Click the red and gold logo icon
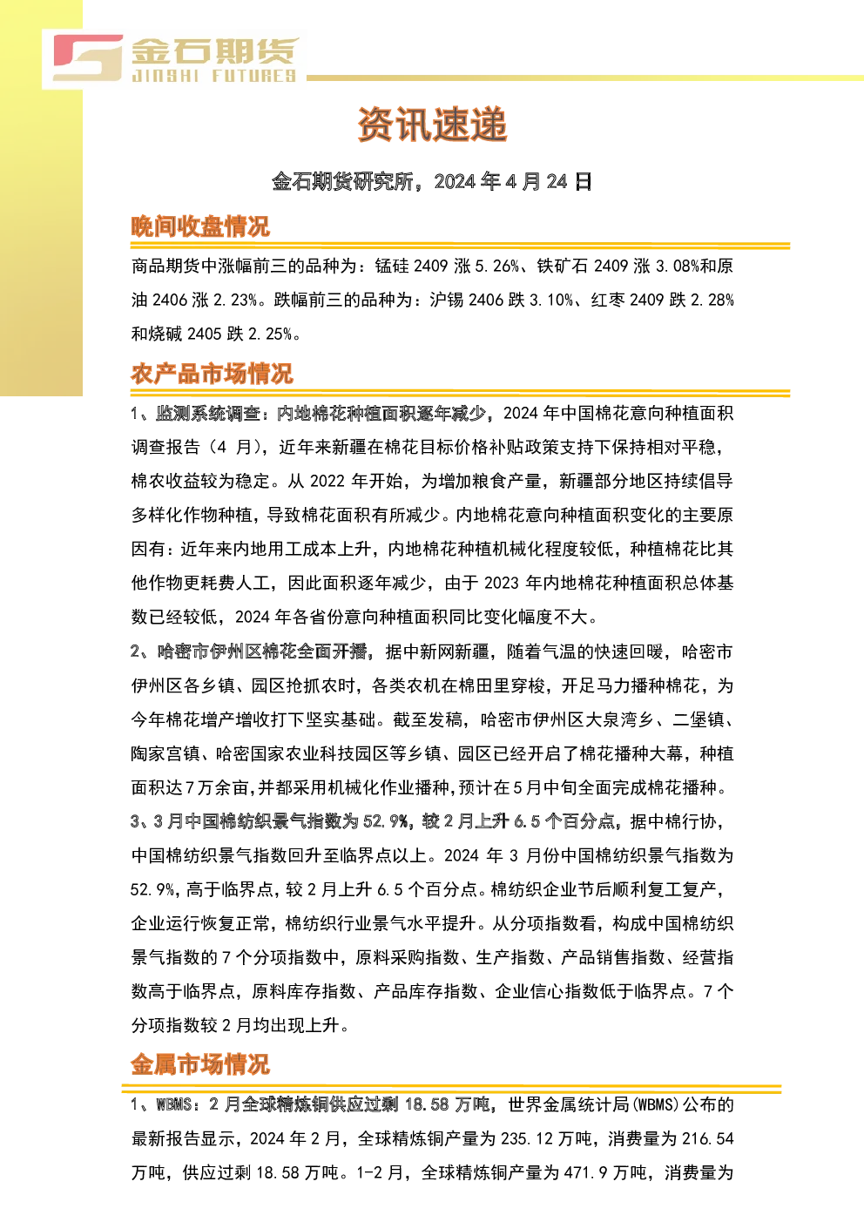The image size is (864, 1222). [x=88, y=57]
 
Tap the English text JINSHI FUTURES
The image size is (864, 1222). [x=213, y=76]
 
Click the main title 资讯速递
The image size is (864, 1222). [x=432, y=125]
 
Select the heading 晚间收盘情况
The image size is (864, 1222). [x=200, y=226]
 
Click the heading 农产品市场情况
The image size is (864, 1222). [x=212, y=374]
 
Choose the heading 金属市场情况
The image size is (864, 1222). [x=200, y=1064]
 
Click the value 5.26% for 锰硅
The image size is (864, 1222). [x=497, y=267]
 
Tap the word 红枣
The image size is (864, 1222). [x=608, y=300]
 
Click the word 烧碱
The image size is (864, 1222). [x=165, y=334]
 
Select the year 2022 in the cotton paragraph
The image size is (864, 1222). [x=327, y=481]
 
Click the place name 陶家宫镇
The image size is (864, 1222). [x=165, y=753]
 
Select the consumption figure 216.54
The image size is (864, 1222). [x=711, y=1139]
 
